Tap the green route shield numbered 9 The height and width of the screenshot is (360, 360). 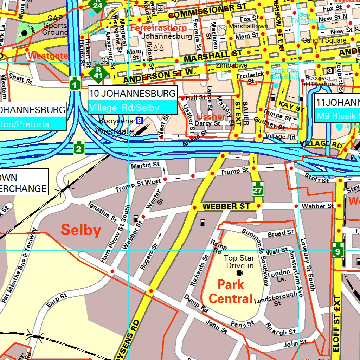[x=338, y=250]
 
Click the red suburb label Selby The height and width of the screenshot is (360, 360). [x=81, y=231]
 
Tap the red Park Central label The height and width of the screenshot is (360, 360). [x=231, y=291]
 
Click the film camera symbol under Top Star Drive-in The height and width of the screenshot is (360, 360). [x=239, y=273]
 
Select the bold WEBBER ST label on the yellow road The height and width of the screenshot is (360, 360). [x=226, y=206]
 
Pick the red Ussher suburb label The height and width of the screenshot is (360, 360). [x=211, y=116]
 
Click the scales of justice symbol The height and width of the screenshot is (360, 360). [x=159, y=46]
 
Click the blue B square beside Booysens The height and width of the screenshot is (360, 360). [x=140, y=121]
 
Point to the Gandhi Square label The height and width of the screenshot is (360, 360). [x=324, y=40]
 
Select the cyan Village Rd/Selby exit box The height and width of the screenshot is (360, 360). [x=132, y=108]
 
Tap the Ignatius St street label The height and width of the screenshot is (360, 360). [x=102, y=212]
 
